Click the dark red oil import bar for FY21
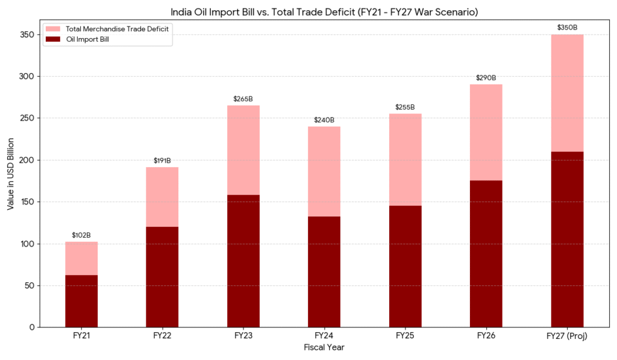[x=81, y=301]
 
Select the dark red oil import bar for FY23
[x=243, y=261]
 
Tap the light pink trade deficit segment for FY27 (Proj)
[x=567, y=93]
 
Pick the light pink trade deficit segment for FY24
[x=324, y=171]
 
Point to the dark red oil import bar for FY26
[x=486, y=253]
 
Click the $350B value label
[x=567, y=28]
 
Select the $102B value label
[x=81, y=235]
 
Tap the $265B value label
[x=243, y=99]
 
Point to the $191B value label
[x=162, y=160]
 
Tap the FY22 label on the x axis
[x=162, y=336]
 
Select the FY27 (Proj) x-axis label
[x=567, y=336]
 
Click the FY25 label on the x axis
[x=405, y=336]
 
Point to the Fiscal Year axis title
[x=324, y=348]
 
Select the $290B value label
[x=486, y=78]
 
